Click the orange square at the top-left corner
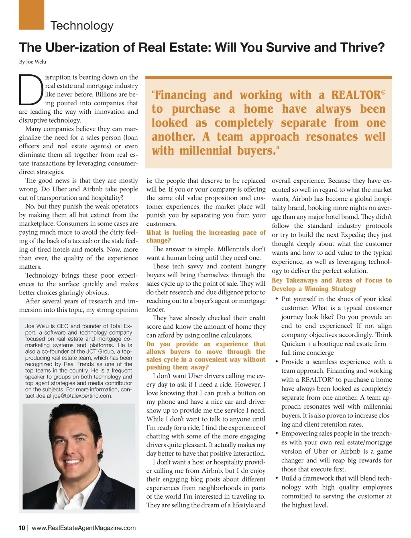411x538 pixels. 31,14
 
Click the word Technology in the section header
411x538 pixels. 82,26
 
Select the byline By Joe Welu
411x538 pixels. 33,62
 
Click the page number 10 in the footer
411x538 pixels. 22,528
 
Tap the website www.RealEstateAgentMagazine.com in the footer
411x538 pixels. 83,528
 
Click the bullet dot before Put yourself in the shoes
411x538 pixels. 277,299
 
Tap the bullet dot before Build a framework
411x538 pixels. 277,478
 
